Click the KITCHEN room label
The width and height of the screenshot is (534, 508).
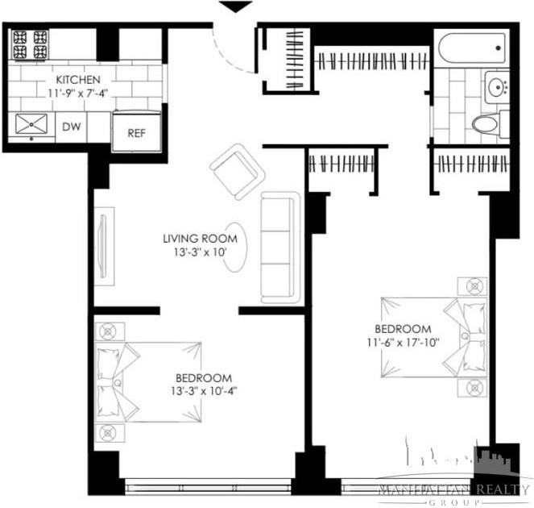click(77, 80)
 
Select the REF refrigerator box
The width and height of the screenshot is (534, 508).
click(135, 131)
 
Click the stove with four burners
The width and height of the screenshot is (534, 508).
click(30, 45)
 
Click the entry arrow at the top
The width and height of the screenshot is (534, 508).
click(234, 7)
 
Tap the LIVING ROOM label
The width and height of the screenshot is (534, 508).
click(200, 239)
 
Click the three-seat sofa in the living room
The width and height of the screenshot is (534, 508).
click(280, 248)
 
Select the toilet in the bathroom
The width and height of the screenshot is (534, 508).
click(485, 123)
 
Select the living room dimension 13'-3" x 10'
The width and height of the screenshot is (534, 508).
click(200, 252)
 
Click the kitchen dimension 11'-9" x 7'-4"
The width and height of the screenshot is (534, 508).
click(77, 93)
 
